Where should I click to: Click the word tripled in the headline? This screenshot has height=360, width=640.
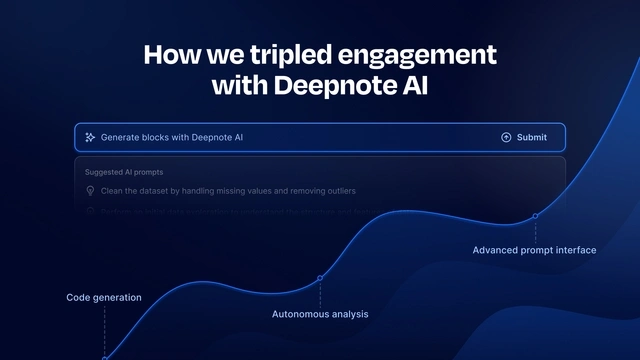coord(273,55)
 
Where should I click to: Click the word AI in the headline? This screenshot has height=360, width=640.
coord(413,85)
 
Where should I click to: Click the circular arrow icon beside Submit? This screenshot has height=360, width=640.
coord(506,137)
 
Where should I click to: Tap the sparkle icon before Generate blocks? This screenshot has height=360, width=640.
coord(90,137)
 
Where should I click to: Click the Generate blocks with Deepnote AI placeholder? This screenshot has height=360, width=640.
coord(172,137)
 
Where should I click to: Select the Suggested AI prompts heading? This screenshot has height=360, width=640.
coord(125,172)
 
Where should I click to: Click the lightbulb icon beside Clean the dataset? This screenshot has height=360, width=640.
coord(91,190)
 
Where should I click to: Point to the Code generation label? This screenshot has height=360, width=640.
coord(104,297)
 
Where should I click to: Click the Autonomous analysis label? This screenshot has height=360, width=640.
coord(320,314)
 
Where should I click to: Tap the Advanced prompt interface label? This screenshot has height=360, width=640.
coord(534,250)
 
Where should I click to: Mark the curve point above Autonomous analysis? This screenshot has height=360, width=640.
coord(320,278)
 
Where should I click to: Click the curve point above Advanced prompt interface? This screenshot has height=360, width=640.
coord(535,216)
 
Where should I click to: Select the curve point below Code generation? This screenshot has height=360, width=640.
coord(104,357)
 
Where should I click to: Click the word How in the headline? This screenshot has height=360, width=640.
coord(167,54)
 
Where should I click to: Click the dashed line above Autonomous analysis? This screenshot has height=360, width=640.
coord(320,293)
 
